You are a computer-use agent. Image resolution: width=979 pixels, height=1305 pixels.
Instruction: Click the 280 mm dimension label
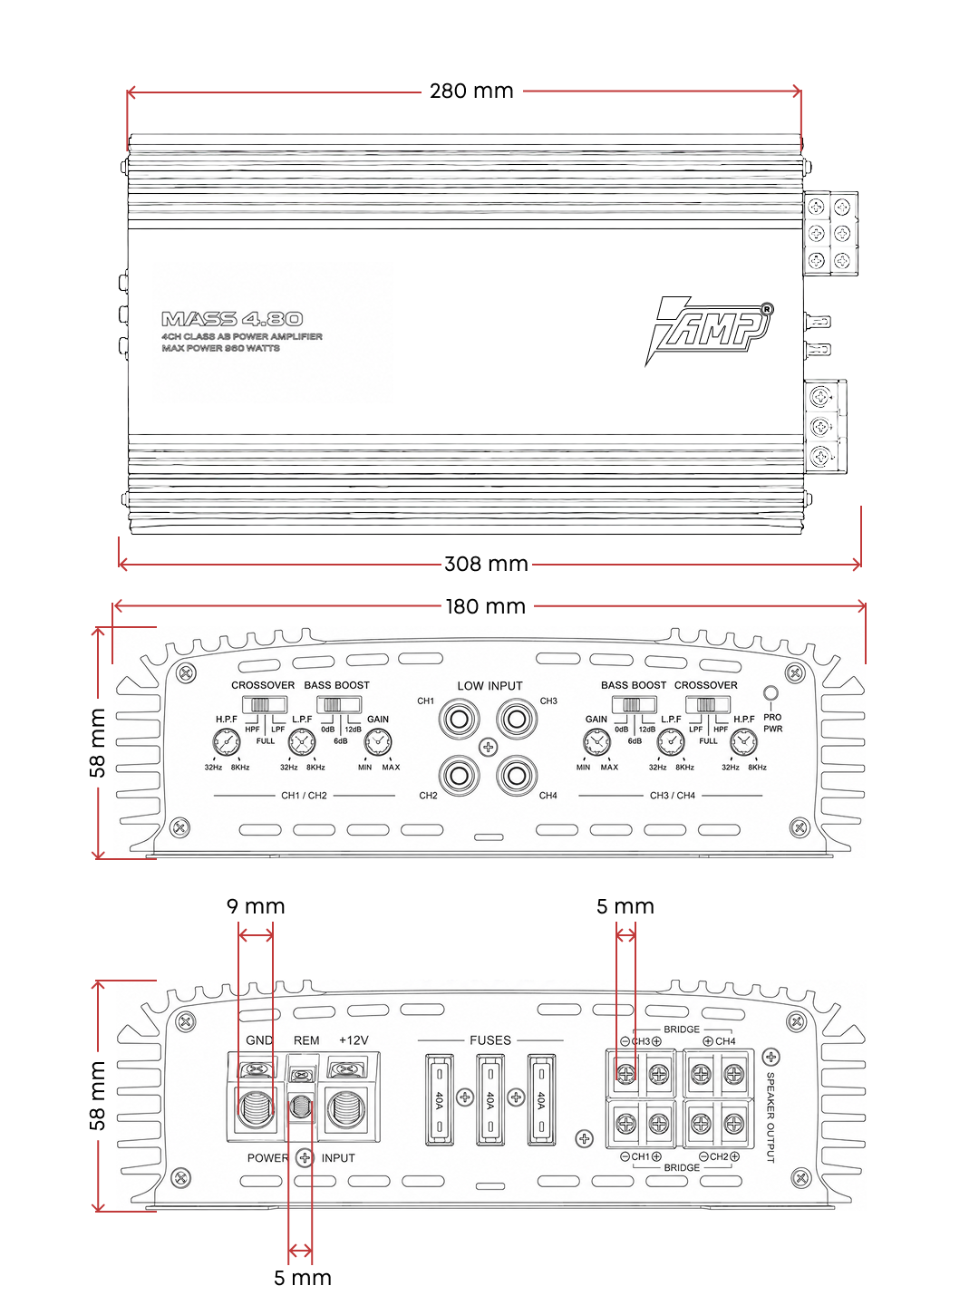[x=471, y=91]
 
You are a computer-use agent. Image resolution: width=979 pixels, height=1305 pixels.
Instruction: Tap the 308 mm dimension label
[x=486, y=564]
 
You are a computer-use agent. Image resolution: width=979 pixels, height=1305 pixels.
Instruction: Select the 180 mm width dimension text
[x=486, y=606]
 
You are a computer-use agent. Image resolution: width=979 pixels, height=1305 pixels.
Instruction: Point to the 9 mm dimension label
[x=256, y=906]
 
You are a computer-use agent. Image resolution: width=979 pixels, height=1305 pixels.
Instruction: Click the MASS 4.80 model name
[x=232, y=319]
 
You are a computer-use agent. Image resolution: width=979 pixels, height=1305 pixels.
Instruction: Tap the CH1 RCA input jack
[x=459, y=719]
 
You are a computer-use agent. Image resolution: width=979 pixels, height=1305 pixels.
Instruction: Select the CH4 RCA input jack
[x=517, y=775]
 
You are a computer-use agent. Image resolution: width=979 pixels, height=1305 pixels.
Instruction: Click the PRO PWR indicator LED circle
[x=771, y=693]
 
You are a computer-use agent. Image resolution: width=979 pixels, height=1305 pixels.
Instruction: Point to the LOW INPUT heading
[x=489, y=685]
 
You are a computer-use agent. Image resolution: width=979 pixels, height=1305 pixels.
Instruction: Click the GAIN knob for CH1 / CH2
[x=378, y=742]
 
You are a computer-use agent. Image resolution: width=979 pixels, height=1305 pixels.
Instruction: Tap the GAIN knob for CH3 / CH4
[x=596, y=742]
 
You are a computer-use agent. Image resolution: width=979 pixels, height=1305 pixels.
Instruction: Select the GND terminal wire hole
[x=257, y=1109]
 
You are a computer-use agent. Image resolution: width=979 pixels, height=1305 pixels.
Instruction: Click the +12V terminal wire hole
[x=346, y=1109]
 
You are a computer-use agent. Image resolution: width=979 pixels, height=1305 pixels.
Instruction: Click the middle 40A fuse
[x=490, y=1100]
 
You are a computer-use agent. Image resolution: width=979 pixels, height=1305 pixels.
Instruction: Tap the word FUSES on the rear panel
[x=490, y=1040]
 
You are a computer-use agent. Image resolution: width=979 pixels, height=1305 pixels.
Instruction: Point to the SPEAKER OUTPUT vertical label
[x=771, y=1117]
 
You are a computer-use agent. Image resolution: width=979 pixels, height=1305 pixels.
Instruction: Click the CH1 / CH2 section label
[x=304, y=796]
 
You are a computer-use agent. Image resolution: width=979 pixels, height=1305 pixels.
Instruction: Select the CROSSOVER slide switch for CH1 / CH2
[x=265, y=705]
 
